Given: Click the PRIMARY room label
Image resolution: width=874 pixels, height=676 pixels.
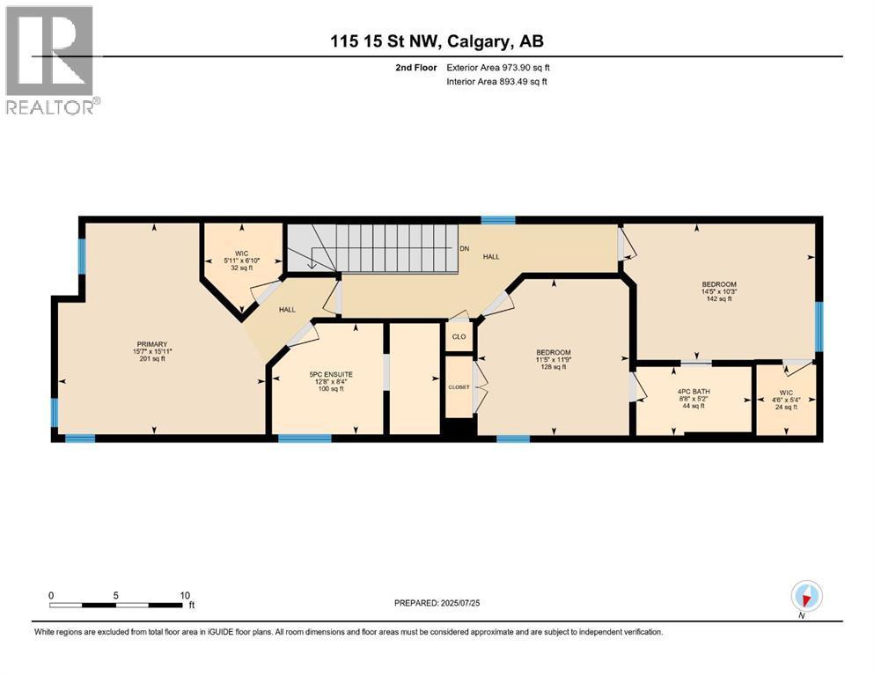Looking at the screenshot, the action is (151, 344).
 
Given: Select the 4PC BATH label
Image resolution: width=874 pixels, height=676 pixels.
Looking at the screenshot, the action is (694, 392).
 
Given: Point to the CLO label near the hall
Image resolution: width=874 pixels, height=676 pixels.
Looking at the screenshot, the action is (459, 336).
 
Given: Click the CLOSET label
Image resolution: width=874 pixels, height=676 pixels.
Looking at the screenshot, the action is (459, 386).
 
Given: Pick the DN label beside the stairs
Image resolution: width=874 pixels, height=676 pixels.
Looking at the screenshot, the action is (465, 248).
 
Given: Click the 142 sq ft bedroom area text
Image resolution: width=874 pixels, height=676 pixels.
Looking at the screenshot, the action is (719, 298).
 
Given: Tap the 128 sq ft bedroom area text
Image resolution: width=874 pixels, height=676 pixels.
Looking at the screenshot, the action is (554, 367).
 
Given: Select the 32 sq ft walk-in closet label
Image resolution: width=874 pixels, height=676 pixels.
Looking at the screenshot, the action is (242, 268).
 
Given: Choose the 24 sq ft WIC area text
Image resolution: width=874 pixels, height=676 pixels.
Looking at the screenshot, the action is (787, 407).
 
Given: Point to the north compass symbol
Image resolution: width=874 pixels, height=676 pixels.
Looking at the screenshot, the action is (806, 597).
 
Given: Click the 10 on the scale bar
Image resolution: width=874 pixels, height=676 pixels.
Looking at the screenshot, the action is (185, 595).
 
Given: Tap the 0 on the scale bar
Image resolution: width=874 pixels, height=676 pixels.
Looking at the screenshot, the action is (51, 595).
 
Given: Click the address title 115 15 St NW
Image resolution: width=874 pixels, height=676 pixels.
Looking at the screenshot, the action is (386, 41).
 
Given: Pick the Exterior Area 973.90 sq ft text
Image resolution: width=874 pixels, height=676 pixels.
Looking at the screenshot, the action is (498, 68).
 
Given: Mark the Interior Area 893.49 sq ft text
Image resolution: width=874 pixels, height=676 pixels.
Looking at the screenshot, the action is (496, 81).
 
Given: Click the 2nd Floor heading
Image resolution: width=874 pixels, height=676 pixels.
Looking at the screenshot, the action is (415, 68).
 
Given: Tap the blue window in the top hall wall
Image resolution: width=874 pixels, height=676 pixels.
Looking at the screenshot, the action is (498, 219).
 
